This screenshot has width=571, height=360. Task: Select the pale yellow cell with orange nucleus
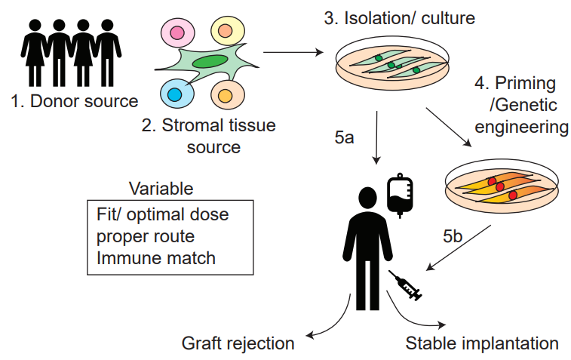click(x=228, y=31)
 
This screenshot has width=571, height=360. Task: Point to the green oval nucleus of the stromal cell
click(x=210, y=62)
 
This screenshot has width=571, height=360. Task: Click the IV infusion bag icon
click(x=400, y=195)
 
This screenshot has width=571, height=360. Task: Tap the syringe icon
click(x=405, y=286)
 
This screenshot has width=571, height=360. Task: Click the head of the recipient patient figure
click(x=368, y=198)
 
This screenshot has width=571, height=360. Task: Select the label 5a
click(x=344, y=137)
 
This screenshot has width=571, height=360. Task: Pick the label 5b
click(x=453, y=236)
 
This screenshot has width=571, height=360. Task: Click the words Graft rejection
click(x=238, y=343)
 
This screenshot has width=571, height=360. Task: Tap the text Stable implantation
click(x=482, y=343)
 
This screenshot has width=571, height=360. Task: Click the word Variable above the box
click(x=161, y=189)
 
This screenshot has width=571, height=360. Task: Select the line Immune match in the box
click(x=156, y=258)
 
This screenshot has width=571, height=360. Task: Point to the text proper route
click(x=146, y=237)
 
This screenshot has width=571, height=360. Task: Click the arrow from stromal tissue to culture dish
click(x=293, y=53)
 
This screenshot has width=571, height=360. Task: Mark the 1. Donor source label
click(x=75, y=101)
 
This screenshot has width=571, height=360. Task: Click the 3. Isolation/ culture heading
click(x=400, y=18)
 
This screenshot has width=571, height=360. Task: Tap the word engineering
click(x=521, y=127)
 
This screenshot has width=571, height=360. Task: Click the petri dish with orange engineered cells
click(x=502, y=186)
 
